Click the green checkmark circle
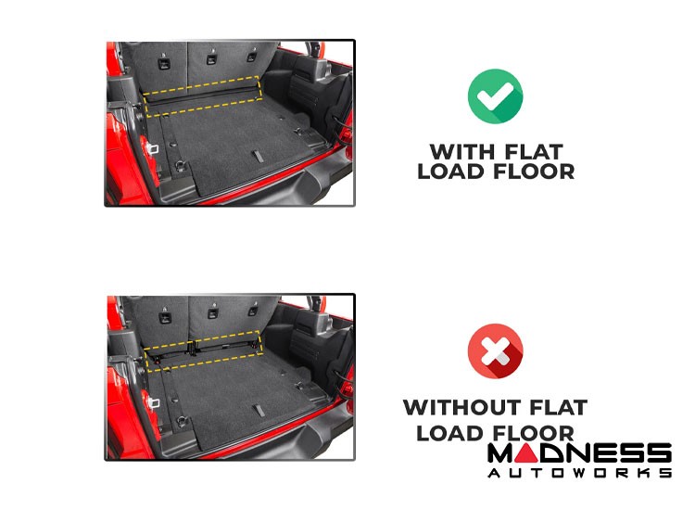click(x=495, y=95)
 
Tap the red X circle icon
click(x=495, y=350)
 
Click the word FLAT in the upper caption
click(x=534, y=152)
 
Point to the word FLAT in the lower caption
click(x=559, y=407)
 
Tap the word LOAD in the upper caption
click(x=447, y=172)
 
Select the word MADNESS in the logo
click(x=579, y=453)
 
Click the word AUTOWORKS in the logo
click(x=579, y=473)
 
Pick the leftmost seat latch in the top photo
click(x=164, y=63)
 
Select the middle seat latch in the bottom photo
click(x=213, y=312)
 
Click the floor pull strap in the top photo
click(x=258, y=156)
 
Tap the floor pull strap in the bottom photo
click(x=259, y=410)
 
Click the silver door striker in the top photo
click(x=153, y=147)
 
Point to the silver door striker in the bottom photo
click(x=154, y=402)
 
